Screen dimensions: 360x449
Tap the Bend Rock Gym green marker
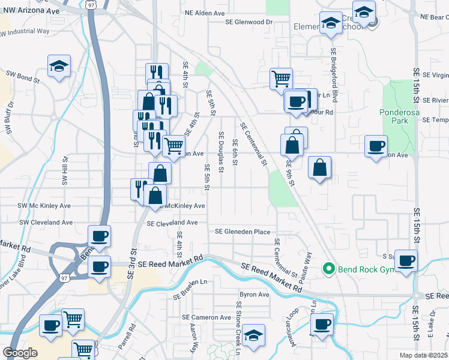tap(328, 268)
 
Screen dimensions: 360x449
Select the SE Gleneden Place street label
tap(243, 232)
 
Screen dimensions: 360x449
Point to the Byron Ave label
tap(255, 295)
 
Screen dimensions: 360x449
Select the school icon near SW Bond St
tap(59, 66)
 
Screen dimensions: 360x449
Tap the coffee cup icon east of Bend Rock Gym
tap(406, 260)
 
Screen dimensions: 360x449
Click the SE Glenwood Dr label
tap(249, 22)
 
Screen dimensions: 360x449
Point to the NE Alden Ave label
tap(204, 12)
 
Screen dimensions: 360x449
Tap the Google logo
tap(20, 353)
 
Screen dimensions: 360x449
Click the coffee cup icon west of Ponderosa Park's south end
tap(376, 146)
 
